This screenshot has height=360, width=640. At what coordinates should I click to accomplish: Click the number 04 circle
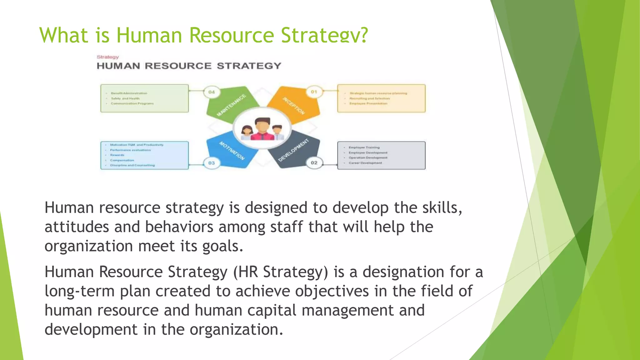(212, 92)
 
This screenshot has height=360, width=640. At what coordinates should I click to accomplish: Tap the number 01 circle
(314, 92)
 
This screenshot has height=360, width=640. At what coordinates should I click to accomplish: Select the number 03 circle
(212, 163)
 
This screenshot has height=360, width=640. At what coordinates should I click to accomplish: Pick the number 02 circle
(314, 163)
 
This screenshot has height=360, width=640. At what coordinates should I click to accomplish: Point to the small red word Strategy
(108, 57)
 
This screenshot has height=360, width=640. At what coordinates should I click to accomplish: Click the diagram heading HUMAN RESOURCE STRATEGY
(189, 66)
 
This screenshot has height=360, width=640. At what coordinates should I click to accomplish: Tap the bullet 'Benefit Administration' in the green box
(129, 93)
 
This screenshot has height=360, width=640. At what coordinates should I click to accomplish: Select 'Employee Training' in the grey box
(364, 147)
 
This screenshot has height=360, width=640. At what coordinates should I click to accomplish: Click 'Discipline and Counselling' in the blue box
(132, 165)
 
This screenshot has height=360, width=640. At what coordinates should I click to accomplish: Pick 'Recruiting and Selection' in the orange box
(369, 98)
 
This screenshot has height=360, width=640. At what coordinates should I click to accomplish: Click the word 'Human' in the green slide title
(149, 35)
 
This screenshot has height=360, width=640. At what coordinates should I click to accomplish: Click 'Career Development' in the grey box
(365, 163)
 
